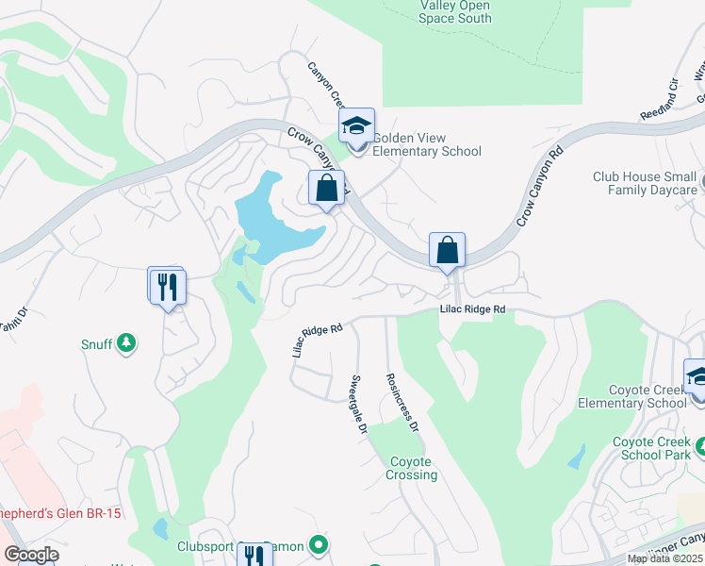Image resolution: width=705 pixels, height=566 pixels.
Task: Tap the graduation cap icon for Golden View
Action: point(357,126)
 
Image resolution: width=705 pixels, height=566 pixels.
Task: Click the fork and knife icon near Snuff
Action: point(169,286)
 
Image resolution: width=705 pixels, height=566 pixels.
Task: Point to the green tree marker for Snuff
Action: point(126,342)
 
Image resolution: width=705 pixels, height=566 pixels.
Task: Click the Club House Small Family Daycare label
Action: point(645,183)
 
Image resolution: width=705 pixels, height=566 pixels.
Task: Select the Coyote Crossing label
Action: point(411,468)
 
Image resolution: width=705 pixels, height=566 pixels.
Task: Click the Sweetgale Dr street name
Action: point(359,403)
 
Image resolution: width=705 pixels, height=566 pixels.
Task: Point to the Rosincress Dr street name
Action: point(402,401)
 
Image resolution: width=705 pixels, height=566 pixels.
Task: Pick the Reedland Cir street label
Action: point(660,97)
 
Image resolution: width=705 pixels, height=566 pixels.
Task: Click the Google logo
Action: point(31,555)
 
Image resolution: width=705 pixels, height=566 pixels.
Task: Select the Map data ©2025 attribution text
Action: point(664,558)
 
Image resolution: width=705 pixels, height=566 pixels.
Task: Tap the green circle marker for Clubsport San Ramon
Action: point(320,544)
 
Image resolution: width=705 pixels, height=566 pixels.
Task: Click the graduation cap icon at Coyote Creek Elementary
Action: point(697,377)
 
